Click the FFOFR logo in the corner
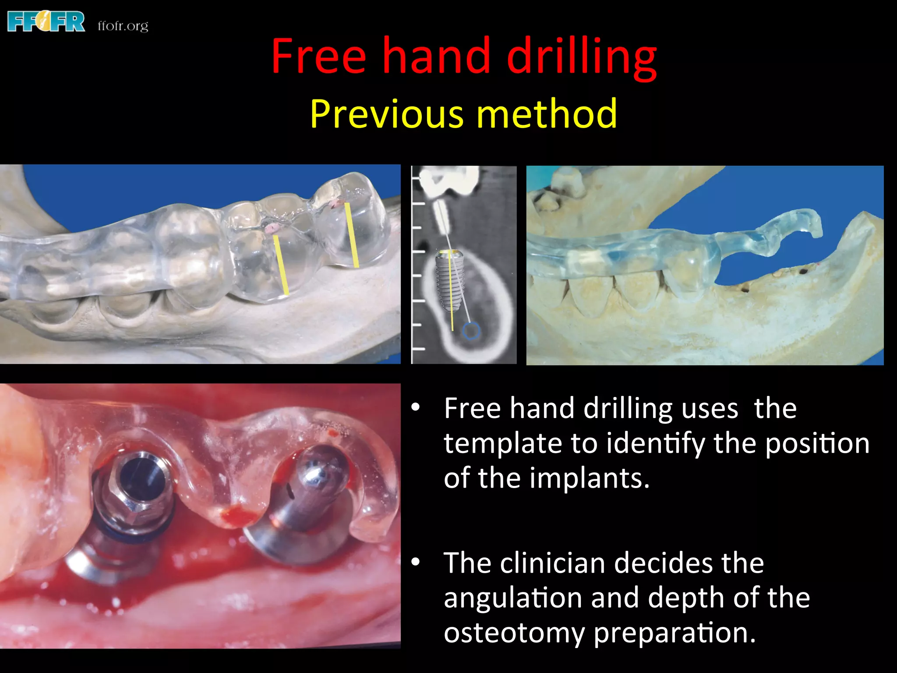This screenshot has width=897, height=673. tap(46, 22)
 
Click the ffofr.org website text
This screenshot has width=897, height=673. tap(123, 26)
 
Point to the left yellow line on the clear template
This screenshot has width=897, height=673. tap(281, 265)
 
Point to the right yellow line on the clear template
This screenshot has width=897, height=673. tap(352, 234)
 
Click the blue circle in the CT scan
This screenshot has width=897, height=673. tap(471, 331)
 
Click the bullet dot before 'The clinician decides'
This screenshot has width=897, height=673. tap(416, 562)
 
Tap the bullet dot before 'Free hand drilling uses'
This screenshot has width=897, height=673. tap(416, 407)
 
